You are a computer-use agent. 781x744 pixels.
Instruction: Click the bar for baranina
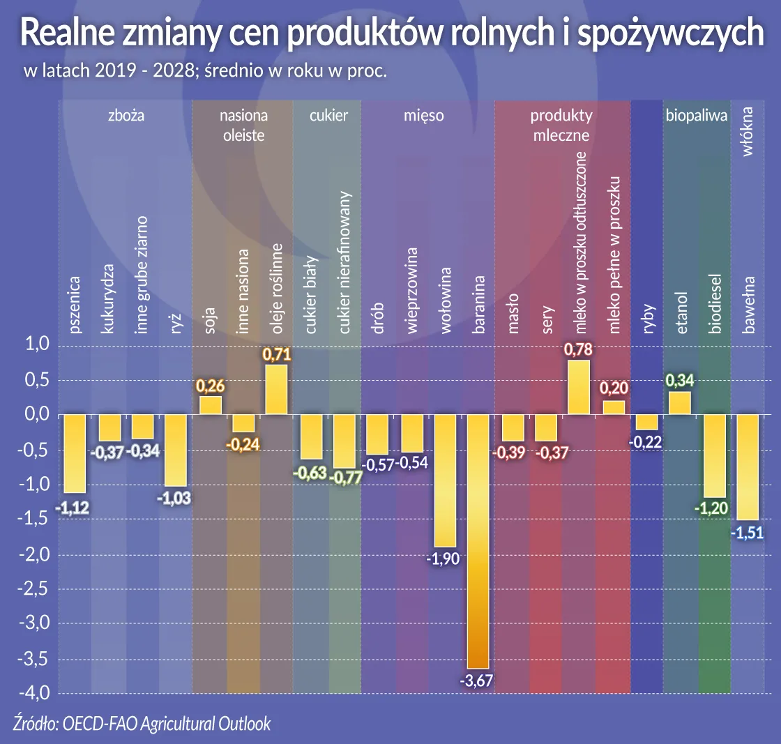point(478,541)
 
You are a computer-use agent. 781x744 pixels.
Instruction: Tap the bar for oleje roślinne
point(276,390)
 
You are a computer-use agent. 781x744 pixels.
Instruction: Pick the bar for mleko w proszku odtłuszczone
point(579,388)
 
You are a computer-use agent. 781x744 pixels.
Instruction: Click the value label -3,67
point(478,681)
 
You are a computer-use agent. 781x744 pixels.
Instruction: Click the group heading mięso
point(423,116)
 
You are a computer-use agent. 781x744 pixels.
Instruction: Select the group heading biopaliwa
point(687,116)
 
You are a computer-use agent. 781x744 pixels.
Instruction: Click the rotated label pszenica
point(75,304)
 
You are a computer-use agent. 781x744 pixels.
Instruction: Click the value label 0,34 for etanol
point(679,381)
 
